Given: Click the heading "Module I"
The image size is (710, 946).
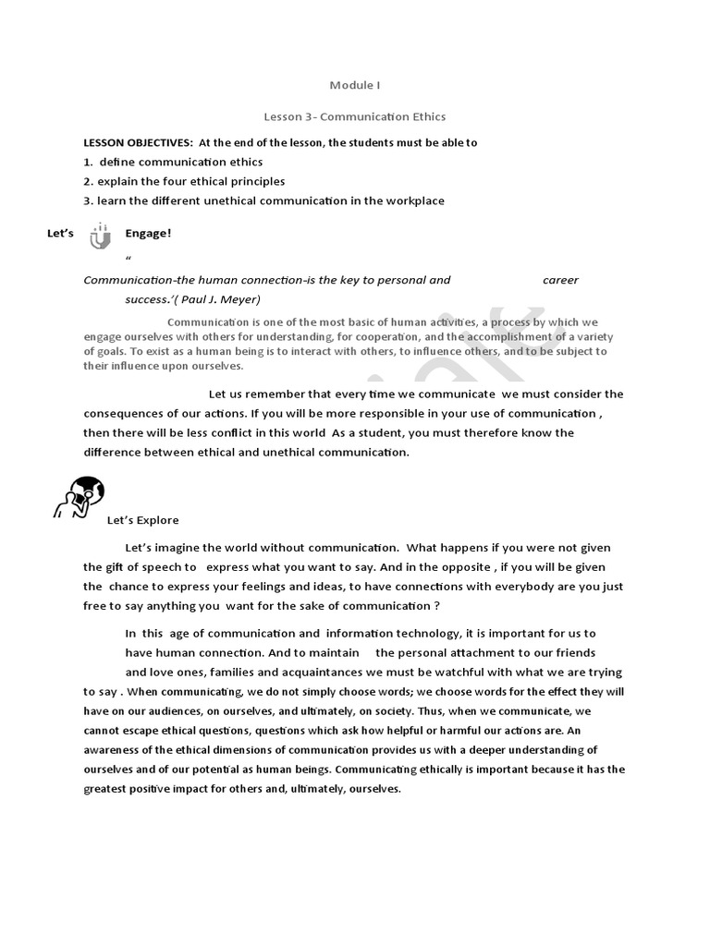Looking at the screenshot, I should (355, 86).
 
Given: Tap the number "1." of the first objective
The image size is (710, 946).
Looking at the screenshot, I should (89, 163).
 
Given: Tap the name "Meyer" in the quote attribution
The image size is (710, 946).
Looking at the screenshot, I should (241, 299).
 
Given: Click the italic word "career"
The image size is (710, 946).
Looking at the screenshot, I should (560, 280).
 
